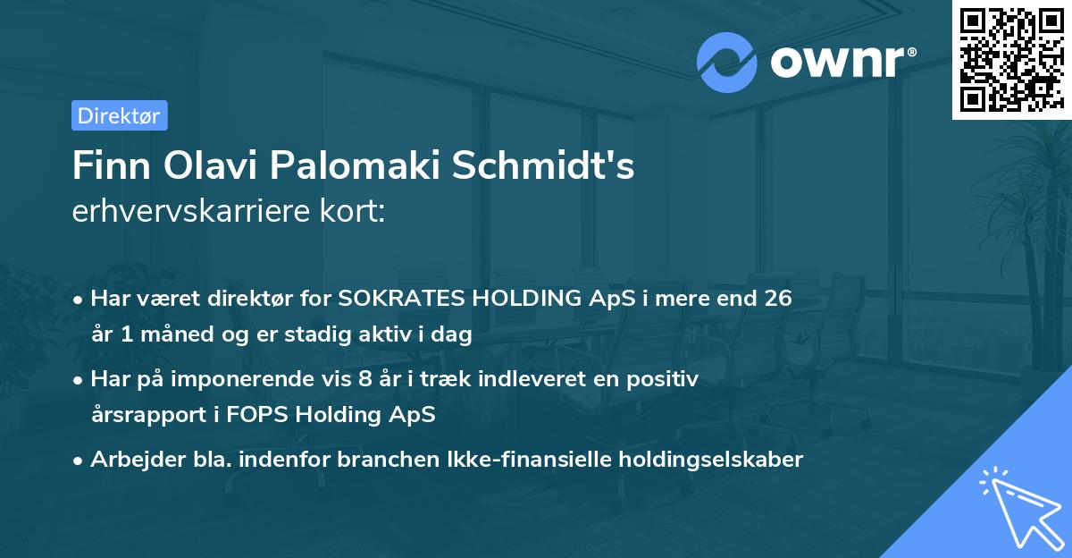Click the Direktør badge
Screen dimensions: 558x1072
[119, 115]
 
